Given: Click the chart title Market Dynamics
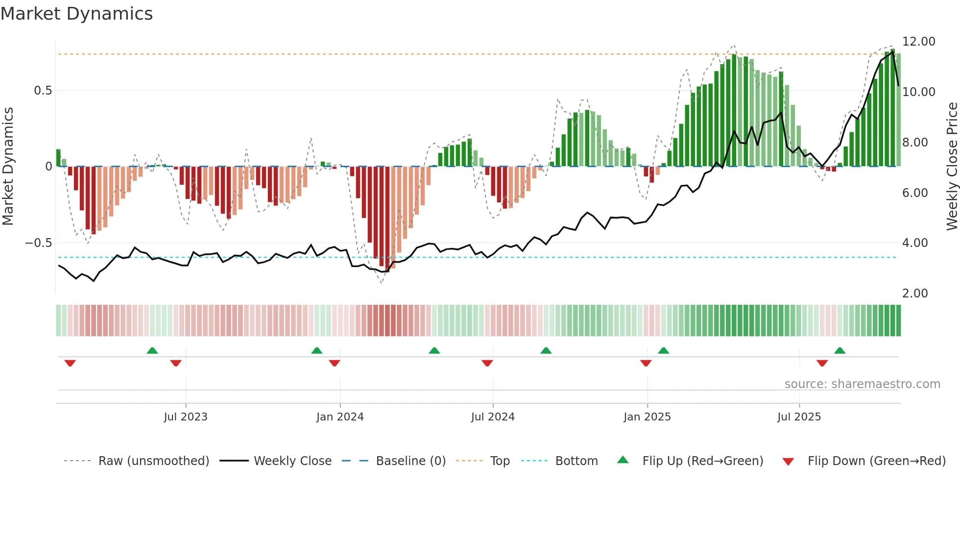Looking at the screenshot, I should (x=76, y=14).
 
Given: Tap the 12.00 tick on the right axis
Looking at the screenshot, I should (x=918, y=42).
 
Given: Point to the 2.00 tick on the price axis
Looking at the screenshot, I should (x=914, y=293).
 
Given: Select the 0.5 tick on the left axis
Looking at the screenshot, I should (x=43, y=91).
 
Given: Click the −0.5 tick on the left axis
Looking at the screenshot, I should (x=38, y=243).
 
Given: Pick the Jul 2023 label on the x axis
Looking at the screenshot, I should (x=186, y=417).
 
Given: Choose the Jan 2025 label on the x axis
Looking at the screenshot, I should (x=647, y=417).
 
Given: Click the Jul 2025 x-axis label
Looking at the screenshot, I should (x=799, y=417).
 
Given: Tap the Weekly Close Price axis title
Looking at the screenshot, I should (x=952, y=167).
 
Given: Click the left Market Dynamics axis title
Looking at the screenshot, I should (x=8, y=167).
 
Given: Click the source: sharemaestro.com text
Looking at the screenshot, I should (x=862, y=384).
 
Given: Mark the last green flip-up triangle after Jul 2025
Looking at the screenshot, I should (x=840, y=350).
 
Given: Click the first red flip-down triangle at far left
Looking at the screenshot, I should (x=70, y=363).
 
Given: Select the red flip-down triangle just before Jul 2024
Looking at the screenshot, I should (x=487, y=363).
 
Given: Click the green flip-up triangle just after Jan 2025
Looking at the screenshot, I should (x=663, y=350).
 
